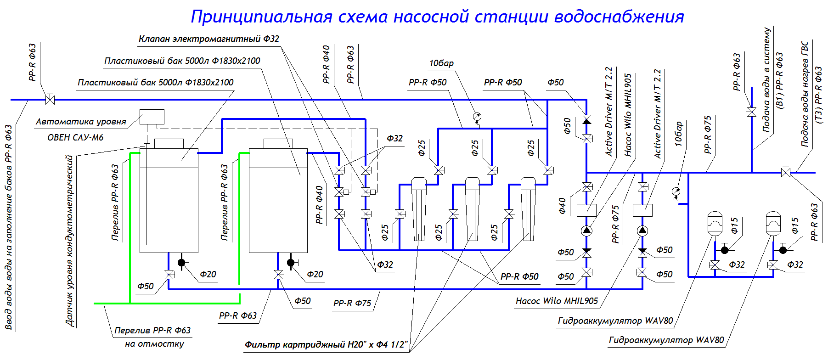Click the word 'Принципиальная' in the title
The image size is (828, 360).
coord(261,17)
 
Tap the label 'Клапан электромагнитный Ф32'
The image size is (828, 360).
coord(209,39)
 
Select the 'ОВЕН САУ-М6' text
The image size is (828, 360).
coord(75,137)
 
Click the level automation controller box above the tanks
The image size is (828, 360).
coord(152,117)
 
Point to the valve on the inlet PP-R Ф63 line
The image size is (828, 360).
coord(50,99)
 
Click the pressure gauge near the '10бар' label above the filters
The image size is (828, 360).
coord(477,117)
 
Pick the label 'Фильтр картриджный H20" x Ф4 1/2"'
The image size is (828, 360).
coord(326,344)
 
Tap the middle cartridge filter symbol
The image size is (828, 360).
coord(472,209)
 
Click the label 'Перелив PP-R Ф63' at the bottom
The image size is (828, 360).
coord(152,330)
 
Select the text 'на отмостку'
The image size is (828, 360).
coord(154,344)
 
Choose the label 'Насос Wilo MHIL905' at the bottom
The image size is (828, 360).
coord(557,301)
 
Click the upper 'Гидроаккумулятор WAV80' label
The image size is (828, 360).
coord(615,321)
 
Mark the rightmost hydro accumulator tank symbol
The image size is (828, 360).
coord(773,223)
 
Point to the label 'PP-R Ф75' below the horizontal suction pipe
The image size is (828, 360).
coord(352,303)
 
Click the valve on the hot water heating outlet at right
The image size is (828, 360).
coord(786,173)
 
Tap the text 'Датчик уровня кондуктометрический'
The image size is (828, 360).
coord(70,241)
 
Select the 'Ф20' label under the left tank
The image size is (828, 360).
coord(208,274)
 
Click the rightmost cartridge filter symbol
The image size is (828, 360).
coord(528,209)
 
